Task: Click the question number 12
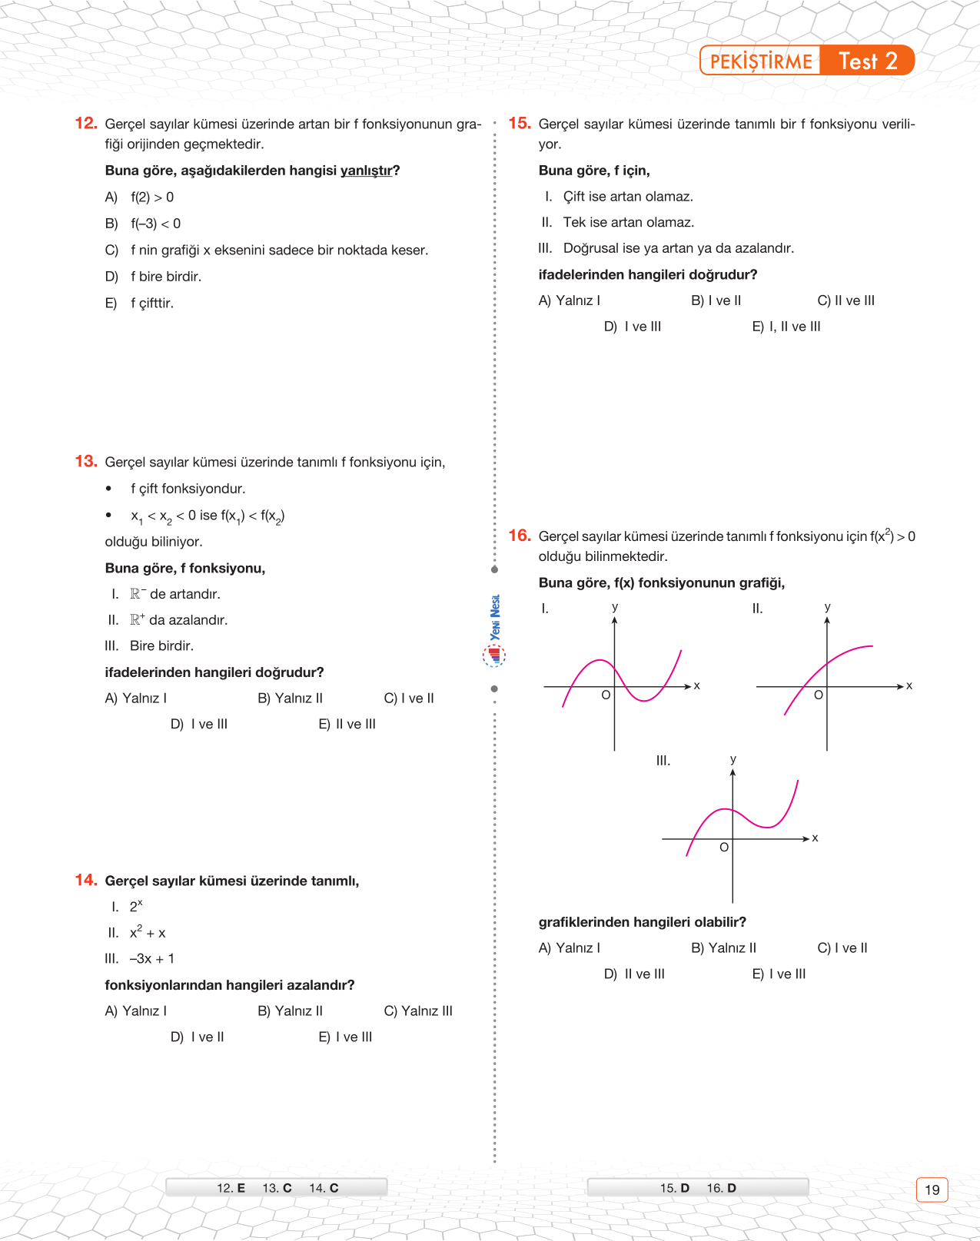[86, 123]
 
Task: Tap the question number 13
[86, 461]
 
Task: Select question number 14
[86, 880]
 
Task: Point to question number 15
[520, 123]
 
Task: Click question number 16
[520, 536]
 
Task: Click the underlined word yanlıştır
[366, 171]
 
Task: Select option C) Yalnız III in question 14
[418, 1011]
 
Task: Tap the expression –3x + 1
[152, 959]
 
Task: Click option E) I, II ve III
[786, 327]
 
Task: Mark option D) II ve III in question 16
[634, 974]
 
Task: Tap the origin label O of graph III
[724, 848]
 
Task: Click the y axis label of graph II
[828, 607]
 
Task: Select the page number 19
[932, 1190]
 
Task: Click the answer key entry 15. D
[674, 1188]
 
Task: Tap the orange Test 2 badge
[868, 61]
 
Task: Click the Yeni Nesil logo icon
[495, 655]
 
